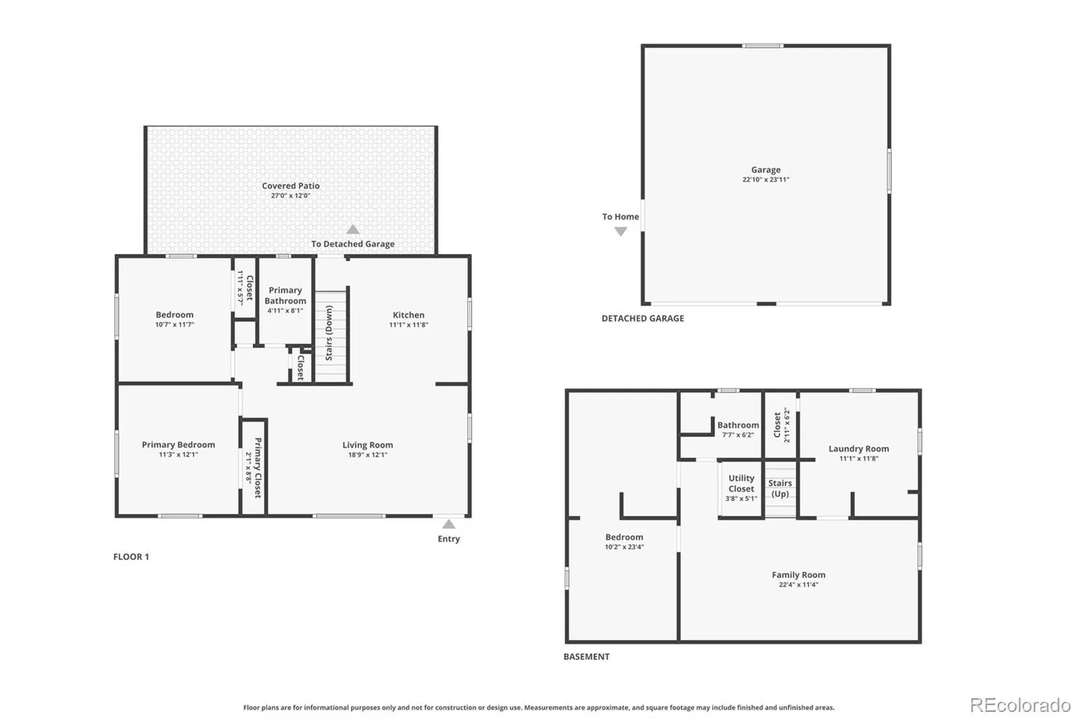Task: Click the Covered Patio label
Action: (290, 186)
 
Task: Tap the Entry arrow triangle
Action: (449, 524)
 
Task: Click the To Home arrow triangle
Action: (621, 232)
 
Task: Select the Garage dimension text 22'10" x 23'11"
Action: (765, 179)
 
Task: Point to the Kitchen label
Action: (408, 315)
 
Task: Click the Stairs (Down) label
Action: (329, 333)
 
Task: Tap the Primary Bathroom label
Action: (286, 296)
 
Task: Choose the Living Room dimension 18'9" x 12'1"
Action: (368, 455)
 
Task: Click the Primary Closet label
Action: (258, 467)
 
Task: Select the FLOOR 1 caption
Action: (131, 557)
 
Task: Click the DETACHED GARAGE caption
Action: (643, 318)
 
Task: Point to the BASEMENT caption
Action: (586, 657)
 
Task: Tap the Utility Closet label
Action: (741, 483)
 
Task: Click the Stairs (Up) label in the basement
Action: (780, 488)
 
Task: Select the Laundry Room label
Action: (858, 449)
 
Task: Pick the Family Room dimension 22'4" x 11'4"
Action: (798, 585)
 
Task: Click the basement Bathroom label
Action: (738, 425)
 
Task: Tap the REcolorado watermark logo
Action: (1020, 705)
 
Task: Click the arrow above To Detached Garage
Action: (353, 229)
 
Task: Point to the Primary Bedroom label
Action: (178, 445)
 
